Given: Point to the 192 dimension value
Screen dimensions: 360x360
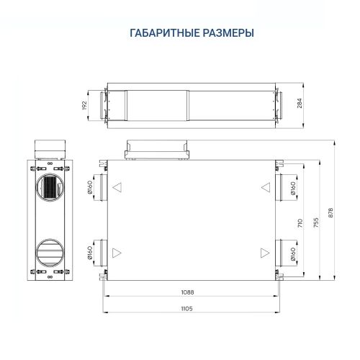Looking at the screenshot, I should point(84,104).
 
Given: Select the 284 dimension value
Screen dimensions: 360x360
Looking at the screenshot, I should point(298,104).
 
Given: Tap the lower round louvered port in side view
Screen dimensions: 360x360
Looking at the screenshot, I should point(50,251).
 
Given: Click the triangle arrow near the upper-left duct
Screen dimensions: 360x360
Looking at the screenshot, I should point(117,189).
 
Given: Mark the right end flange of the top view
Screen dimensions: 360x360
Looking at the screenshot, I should point(280,104).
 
